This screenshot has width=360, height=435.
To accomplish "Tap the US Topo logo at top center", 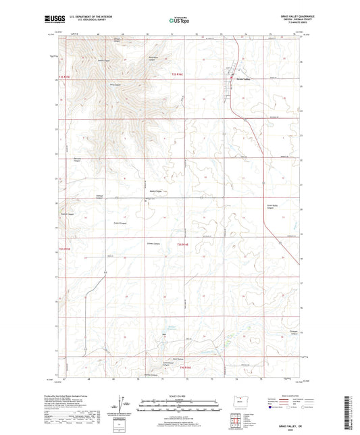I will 179,21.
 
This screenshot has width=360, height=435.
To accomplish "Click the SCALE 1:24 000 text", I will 179,396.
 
